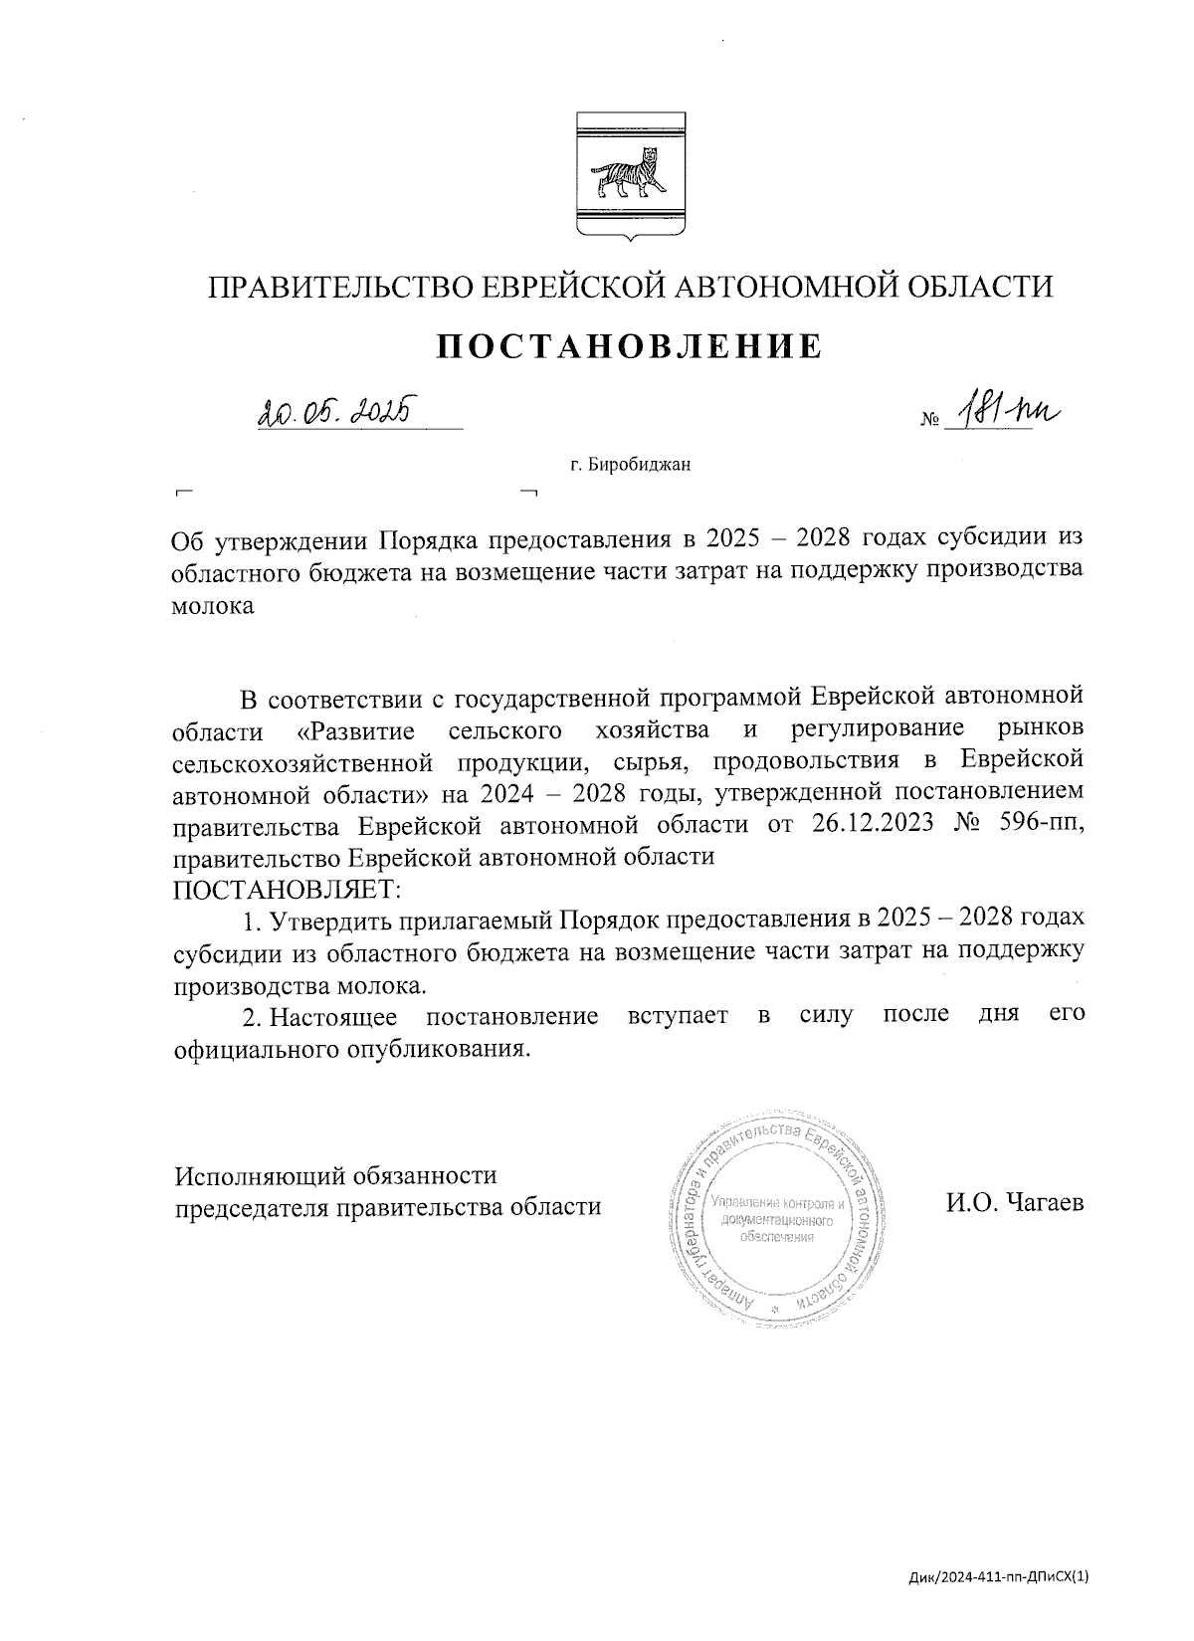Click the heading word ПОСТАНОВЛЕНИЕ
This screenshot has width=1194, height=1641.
coord(630,345)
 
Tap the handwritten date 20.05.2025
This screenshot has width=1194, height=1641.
coord(334,409)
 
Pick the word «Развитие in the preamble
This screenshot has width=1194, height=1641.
coord(355,730)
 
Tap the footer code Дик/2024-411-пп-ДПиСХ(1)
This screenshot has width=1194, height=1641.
coord(999,1576)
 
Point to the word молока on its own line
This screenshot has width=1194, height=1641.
coord(213,606)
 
